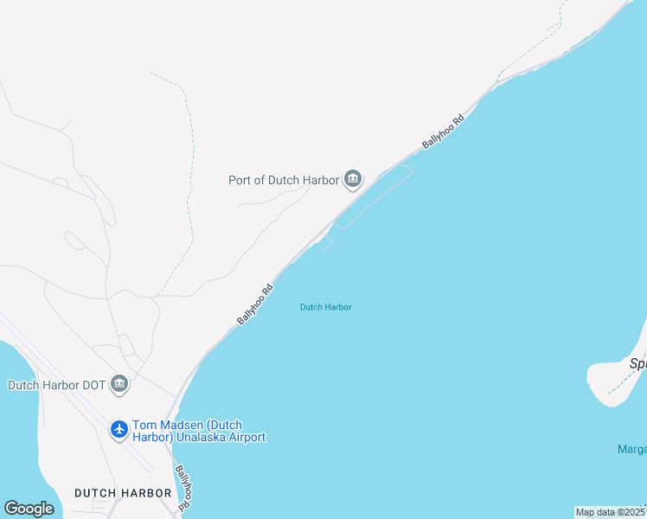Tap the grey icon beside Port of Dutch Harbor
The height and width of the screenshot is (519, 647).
pos(352,180)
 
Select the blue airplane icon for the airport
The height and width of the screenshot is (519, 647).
pos(119,429)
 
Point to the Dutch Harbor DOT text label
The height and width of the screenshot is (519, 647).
pos(56,385)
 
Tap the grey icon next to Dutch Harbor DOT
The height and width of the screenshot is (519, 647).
pos(119,384)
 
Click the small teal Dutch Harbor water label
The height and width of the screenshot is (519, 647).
pos(325,307)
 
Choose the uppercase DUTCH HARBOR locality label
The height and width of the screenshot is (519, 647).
pos(123,493)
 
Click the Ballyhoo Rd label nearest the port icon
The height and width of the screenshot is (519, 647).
pos(444,131)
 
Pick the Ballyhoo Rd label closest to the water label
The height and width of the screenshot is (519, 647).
pos(255,304)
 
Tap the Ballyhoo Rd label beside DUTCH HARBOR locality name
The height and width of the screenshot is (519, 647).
pos(183,488)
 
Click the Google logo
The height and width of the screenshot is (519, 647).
pos(29,509)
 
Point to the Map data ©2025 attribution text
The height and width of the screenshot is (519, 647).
pos(610,512)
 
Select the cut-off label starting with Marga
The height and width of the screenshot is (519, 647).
pos(632,449)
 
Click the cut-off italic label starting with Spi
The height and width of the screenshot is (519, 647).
pos(638,364)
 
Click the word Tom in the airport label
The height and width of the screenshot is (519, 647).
pos(144,426)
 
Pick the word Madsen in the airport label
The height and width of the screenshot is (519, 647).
pos(181,426)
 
